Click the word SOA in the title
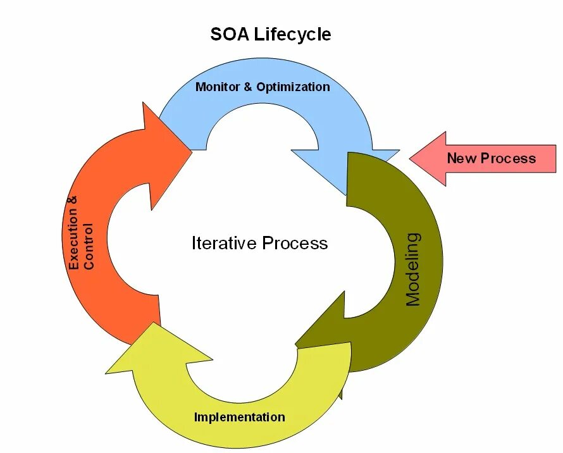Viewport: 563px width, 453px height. point(230,34)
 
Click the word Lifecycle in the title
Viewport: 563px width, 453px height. point(292,34)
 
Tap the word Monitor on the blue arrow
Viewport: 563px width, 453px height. point(218,87)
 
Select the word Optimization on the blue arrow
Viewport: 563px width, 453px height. point(293,87)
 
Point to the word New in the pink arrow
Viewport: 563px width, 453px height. point(461,158)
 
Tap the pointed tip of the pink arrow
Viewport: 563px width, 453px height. point(412,158)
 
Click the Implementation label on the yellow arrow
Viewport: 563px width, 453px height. point(239,417)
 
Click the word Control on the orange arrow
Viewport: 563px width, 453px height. point(89,246)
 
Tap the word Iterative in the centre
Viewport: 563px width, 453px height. point(224,243)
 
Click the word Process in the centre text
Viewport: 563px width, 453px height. point(295,243)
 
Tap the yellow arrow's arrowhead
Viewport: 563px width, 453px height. point(136,354)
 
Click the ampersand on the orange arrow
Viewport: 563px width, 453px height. point(74,201)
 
